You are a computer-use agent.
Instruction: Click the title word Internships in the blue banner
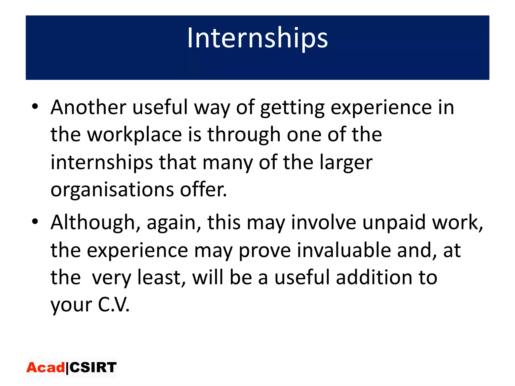(x=257, y=38)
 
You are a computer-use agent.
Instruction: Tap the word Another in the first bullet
(x=88, y=107)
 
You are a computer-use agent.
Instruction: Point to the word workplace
(x=135, y=135)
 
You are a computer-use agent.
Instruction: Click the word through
(x=244, y=135)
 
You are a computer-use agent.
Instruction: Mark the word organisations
(x=112, y=190)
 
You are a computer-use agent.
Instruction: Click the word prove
(x=265, y=251)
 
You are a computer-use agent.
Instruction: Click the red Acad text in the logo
(x=46, y=368)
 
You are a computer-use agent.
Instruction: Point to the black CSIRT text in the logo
(x=93, y=368)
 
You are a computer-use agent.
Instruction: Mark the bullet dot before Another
(x=35, y=107)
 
